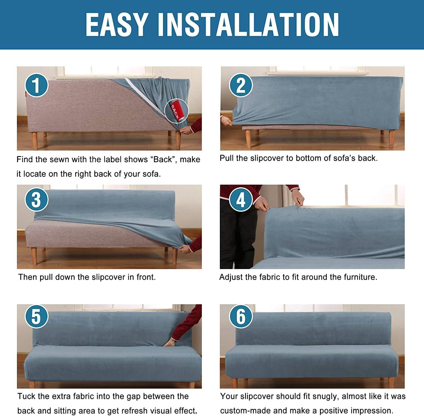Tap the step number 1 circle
click(36, 84)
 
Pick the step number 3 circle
click(36, 200)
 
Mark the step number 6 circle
click(241, 316)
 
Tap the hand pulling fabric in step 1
click(186, 130)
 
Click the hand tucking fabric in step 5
click(169, 343)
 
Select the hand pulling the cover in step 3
click(186, 249)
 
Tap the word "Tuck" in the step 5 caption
click(26, 396)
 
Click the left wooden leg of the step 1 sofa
click(35, 140)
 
